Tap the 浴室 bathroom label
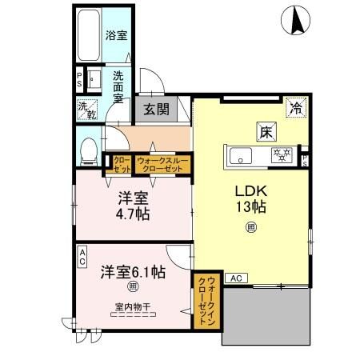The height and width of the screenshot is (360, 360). pyautogui.click(x=116, y=34)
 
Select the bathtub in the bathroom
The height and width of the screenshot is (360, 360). pyautogui.click(x=87, y=36)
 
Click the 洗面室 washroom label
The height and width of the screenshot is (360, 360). pyautogui.click(x=118, y=86)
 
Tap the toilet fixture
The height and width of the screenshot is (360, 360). pyautogui.click(x=90, y=148)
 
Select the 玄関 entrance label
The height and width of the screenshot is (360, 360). pyautogui.click(x=156, y=110)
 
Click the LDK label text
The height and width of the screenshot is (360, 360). pyautogui.click(x=250, y=192)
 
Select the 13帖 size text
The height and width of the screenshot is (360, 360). pyautogui.click(x=250, y=208)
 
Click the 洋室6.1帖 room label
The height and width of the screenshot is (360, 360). pyautogui.click(x=132, y=271)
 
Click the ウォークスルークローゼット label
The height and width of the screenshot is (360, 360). pyautogui.click(x=162, y=163)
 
